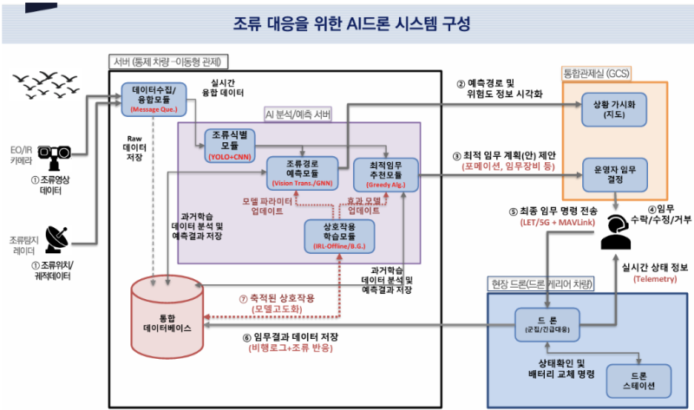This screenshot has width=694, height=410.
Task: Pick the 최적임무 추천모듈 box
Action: [x=385, y=173]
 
